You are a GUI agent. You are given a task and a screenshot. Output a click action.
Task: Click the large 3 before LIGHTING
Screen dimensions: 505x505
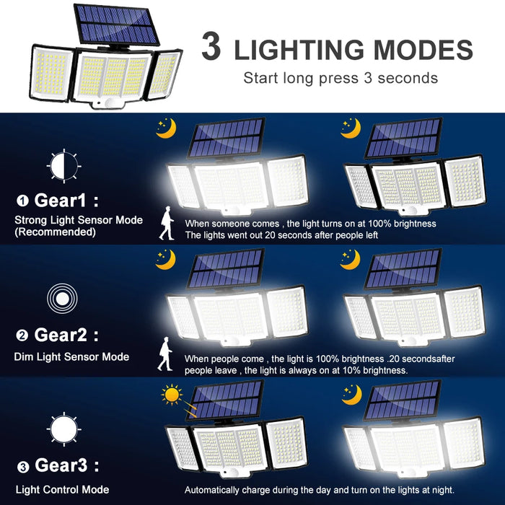[211, 48]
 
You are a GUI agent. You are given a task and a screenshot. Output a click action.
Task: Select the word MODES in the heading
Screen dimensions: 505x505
[429, 50]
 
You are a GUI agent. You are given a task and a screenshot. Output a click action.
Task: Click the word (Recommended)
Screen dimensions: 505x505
[55, 232]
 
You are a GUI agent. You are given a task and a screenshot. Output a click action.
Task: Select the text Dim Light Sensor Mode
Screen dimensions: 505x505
[71, 356]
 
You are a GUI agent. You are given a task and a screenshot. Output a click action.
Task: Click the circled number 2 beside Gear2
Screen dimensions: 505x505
[22, 335]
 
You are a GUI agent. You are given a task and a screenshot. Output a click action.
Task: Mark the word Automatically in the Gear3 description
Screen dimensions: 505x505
[214, 490]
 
